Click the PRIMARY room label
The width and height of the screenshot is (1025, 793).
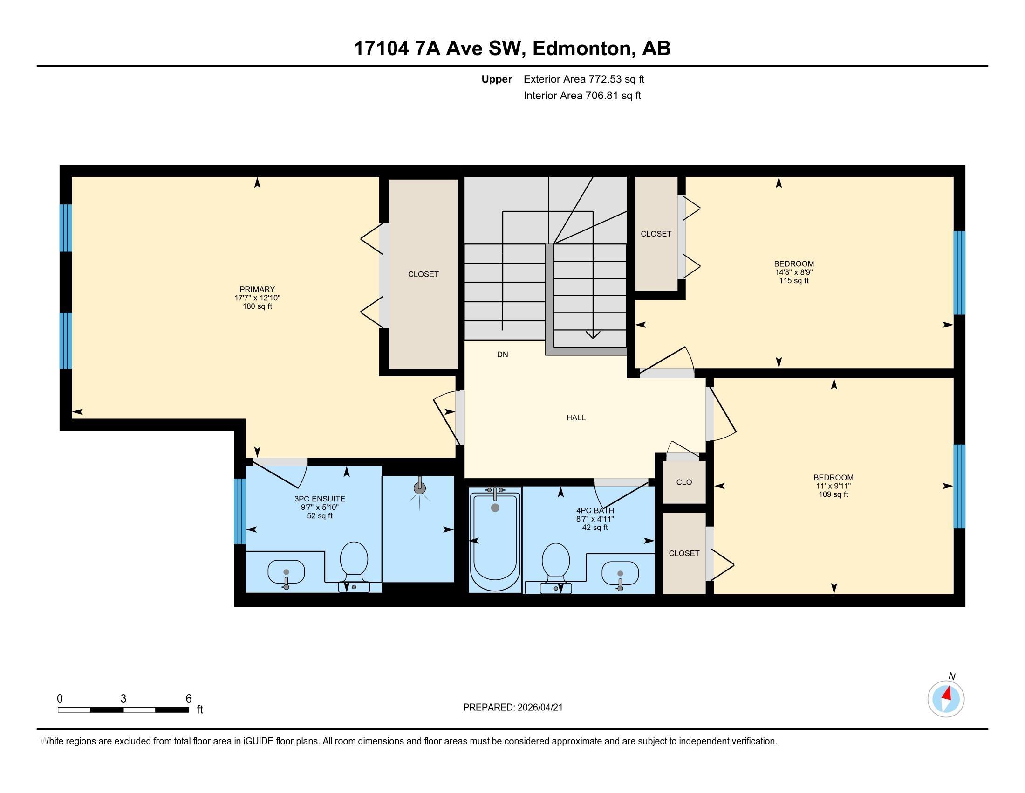(257, 289)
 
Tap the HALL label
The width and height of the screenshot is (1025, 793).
(576, 417)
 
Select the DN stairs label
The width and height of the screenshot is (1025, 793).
(502, 355)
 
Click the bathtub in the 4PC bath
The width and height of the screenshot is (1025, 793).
(495, 540)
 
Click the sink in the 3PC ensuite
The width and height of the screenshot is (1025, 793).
(286, 572)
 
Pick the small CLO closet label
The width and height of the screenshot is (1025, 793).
(684, 482)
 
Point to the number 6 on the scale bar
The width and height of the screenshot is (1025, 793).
(189, 698)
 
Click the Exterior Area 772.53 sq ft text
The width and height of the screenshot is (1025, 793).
(584, 79)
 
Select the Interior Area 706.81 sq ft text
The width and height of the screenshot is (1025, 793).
(582, 96)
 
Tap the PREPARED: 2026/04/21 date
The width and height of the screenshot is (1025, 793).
(512, 707)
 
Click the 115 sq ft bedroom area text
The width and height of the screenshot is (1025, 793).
(793, 281)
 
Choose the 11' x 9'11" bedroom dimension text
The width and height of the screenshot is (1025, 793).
(834, 486)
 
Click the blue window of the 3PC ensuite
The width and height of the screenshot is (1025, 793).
(240, 511)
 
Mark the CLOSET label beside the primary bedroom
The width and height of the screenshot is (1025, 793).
(423, 274)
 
